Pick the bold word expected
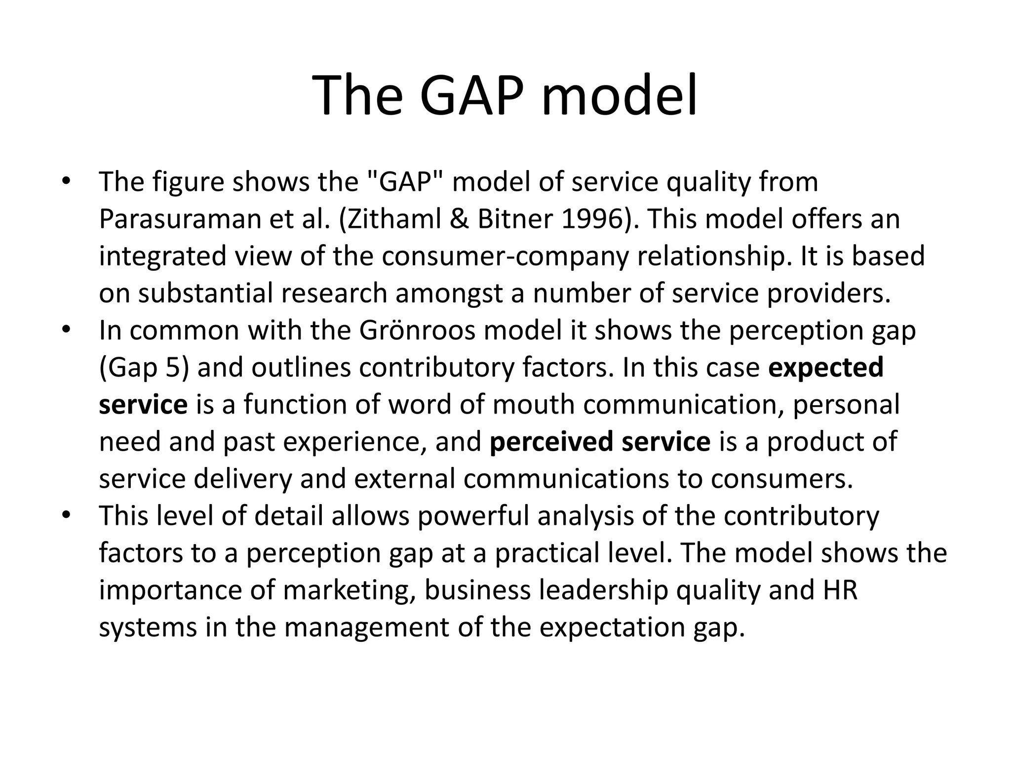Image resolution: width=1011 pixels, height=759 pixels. pyautogui.click(x=826, y=368)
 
